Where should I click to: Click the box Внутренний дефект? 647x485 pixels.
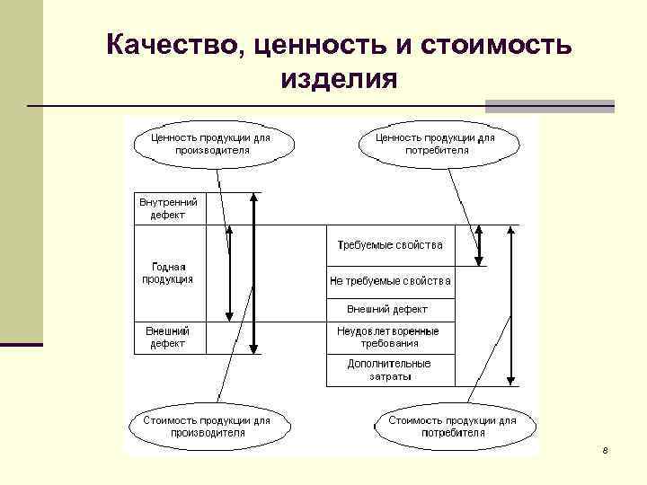tap(168, 209)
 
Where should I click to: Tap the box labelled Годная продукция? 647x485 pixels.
tap(167, 273)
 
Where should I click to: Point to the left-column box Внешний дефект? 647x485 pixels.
tap(167, 337)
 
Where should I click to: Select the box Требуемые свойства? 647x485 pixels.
tap(389, 245)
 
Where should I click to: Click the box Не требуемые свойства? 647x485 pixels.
tap(389, 281)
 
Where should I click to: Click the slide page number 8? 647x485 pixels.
tap(606, 449)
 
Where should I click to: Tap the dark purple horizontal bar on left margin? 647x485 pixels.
tap(22, 344)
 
